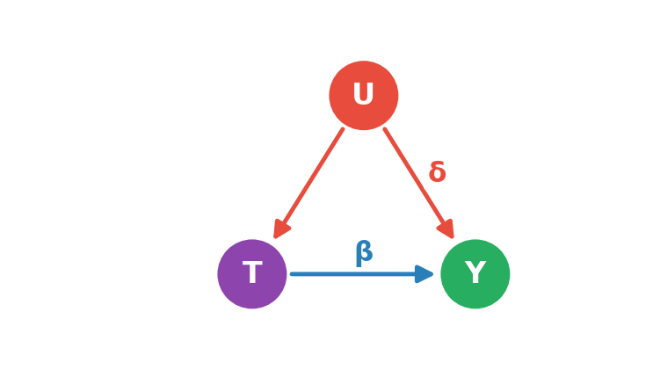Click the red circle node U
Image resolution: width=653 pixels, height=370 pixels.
coord(364,96)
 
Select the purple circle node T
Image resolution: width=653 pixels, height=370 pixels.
coord(252,273)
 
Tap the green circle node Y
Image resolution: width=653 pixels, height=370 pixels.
coord(475,273)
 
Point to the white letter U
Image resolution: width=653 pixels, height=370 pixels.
coord(363,93)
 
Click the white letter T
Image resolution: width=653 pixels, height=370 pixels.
coord(252,272)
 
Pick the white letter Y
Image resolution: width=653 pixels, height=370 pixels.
coord(475,272)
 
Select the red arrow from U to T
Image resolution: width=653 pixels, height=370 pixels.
coord(308,183)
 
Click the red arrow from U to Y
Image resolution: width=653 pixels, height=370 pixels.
coord(418,183)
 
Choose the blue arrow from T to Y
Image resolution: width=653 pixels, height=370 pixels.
coord(362,273)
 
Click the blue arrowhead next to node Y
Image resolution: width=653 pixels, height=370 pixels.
coord(424,273)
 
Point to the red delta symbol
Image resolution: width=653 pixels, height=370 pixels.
coord(438,171)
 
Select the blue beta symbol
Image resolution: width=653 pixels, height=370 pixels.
coord(364,253)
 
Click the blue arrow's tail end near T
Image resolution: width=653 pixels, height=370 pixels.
coord(292,273)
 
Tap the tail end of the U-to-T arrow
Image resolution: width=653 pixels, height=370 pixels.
coord(343,129)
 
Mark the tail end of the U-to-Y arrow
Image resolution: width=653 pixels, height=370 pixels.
coord(385,129)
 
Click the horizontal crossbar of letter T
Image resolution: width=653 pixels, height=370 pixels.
coord(252,264)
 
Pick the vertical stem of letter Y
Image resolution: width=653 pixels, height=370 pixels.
coord(475,278)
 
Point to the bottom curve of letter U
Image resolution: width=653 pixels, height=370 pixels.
coord(363,101)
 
